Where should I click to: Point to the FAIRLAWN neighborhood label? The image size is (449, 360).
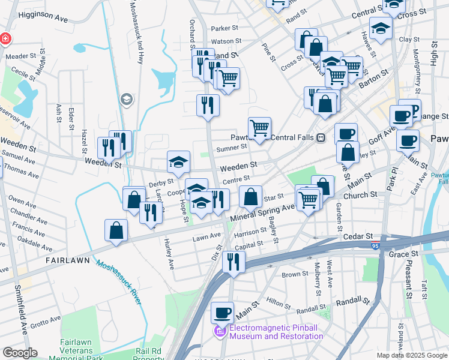point(68,260)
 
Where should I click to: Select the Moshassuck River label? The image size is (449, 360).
point(119,282)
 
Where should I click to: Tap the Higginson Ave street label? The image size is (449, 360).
point(43,19)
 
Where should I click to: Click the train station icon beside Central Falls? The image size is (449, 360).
point(321,137)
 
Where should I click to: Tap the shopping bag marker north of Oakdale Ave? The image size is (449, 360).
point(115,230)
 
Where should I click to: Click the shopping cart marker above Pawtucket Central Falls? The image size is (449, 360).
point(259,128)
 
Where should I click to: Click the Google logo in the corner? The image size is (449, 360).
point(20,353)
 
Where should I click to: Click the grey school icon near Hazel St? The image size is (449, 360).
point(126,99)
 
